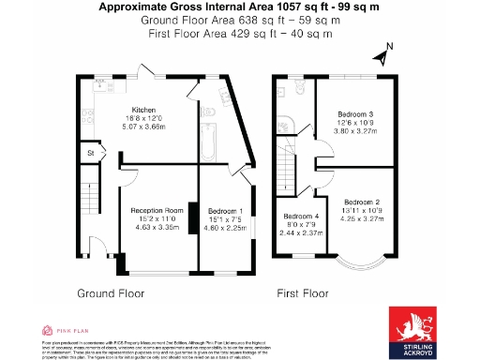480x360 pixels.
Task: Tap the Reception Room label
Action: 157,210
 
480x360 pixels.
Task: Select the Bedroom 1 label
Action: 225,210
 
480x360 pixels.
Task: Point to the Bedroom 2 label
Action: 361,202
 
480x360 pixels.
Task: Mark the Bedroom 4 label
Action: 301,217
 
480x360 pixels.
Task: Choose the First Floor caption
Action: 307,293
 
